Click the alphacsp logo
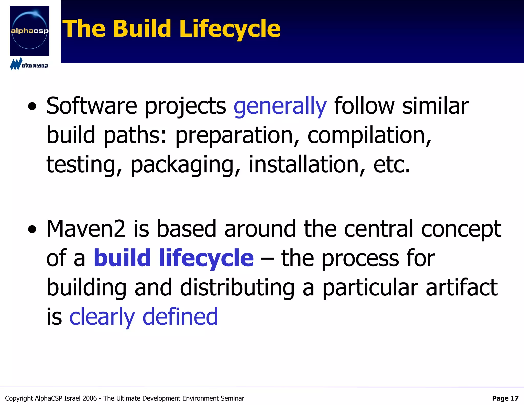click(x=29, y=31)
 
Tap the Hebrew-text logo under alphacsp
click(x=29, y=65)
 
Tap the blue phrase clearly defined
click(x=144, y=317)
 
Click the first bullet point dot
click(x=32, y=107)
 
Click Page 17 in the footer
click(x=505, y=398)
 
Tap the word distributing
click(x=237, y=287)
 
